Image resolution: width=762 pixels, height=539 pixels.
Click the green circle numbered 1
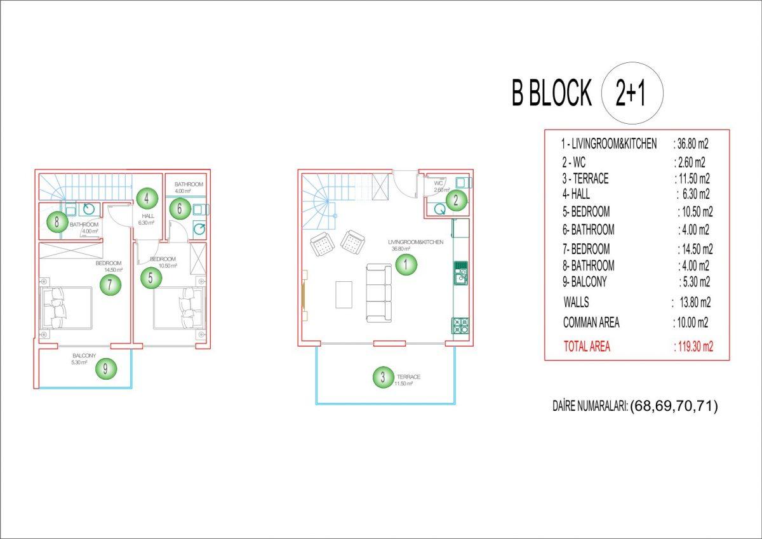(406, 264)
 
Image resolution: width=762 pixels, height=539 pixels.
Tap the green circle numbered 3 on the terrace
(383, 376)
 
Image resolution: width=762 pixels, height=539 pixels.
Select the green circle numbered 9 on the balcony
(105, 369)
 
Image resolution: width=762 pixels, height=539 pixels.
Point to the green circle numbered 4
(147, 198)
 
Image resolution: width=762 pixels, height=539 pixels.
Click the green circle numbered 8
(57, 222)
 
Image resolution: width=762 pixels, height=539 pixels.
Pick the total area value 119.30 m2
(693, 347)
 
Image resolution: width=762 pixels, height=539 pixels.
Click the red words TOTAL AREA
(587, 347)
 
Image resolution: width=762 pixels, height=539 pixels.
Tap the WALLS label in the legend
(576, 302)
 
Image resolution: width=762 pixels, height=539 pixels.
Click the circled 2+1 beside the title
(632, 93)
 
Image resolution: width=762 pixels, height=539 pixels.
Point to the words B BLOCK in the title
(552, 93)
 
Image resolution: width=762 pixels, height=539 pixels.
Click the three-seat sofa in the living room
(378, 293)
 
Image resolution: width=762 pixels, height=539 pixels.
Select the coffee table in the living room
(344, 295)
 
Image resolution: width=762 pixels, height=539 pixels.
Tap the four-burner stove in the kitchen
(460, 326)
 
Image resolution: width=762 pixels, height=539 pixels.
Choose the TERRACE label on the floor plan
(408, 376)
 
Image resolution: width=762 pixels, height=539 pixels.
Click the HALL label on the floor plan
(147, 216)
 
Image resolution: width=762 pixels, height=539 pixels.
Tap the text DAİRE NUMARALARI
(590, 406)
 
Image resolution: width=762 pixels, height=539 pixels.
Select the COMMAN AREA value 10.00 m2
(691, 323)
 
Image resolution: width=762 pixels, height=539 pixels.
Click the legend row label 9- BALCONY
(584, 282)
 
